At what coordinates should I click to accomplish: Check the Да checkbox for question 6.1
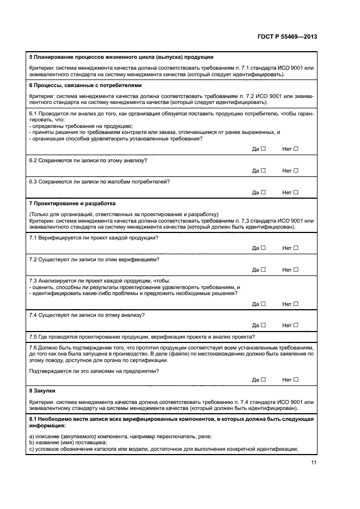(263, 149)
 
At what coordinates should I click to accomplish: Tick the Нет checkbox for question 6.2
(296, 170)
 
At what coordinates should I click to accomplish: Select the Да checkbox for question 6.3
(263, 192)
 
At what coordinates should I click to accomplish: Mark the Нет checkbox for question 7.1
(296, 248)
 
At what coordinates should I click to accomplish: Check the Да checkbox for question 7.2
(263, 269)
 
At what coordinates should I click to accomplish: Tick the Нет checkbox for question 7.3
(296, 304)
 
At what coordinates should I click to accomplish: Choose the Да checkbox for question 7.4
(263, 325)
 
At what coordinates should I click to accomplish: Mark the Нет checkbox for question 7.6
(296, 380)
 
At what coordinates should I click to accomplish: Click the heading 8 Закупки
(42, 391)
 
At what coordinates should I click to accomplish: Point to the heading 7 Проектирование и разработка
(72, 203)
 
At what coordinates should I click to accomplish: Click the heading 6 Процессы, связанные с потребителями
(85, 85)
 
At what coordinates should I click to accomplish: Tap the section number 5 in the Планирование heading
(30, 57)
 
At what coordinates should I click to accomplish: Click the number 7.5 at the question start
(33, 336)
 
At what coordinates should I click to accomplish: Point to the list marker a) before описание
(31, 437)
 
